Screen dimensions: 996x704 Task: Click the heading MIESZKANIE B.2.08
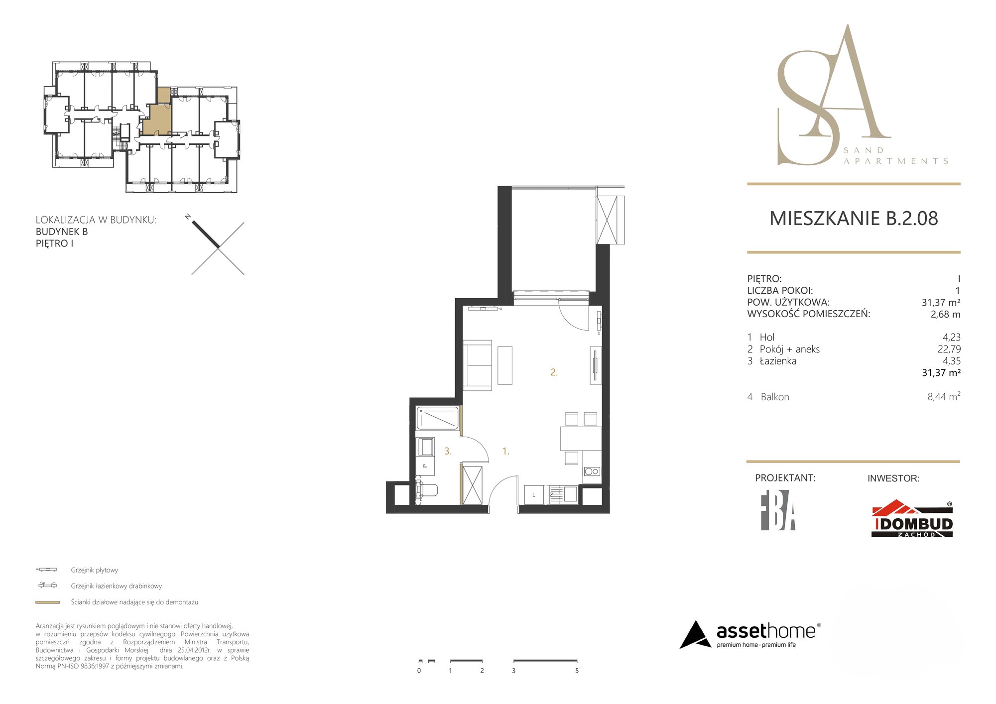pyautogui.click(x=854, y=219)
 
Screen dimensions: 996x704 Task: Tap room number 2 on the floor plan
pyautogui.click(x=554, y=372)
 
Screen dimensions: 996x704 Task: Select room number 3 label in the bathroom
pyautogui.click(x=448, y=451)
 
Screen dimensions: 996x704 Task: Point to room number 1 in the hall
pyautogui.click(x=505, y=451)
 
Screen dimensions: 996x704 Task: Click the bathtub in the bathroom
pyautogui.click(x=437, y=418)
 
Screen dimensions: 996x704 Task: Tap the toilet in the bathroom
pyautogui.click(x=426, y=490)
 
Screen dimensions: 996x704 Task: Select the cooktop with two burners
pyautogui.click(x=592, y=471)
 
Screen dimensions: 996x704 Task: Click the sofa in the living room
pyautogui.click(x=477, y=365)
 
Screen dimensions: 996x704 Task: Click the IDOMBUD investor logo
pyautogui.click(x=912, y=519)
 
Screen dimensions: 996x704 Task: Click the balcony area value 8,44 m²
pyautogui.click(x=944, y=397)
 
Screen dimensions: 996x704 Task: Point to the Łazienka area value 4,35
pyautogui.click(x=951, y=361)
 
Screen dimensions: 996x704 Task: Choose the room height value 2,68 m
pyautogui.click(x=945, y=314)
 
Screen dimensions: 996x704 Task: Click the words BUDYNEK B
pyautogui.click(x=62, y=232)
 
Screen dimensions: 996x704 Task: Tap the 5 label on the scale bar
pyautogui.click(x=577, y=671)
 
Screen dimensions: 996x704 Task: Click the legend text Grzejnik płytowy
pyautogui.click(x=94, y=570)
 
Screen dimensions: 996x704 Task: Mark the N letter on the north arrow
pyautogui.click(x=188, y=217)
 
